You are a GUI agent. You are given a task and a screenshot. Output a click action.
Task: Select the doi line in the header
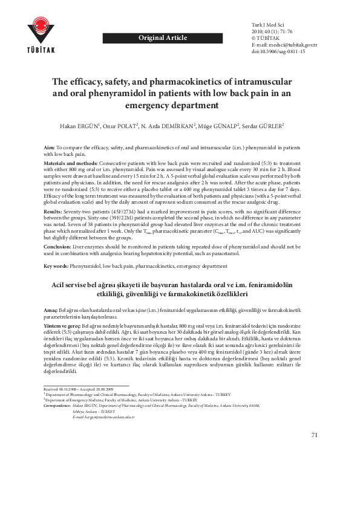pyautogui.click(x=278, y=52)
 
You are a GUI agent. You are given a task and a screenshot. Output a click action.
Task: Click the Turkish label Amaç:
pyautogui.click(x=51, y=310)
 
